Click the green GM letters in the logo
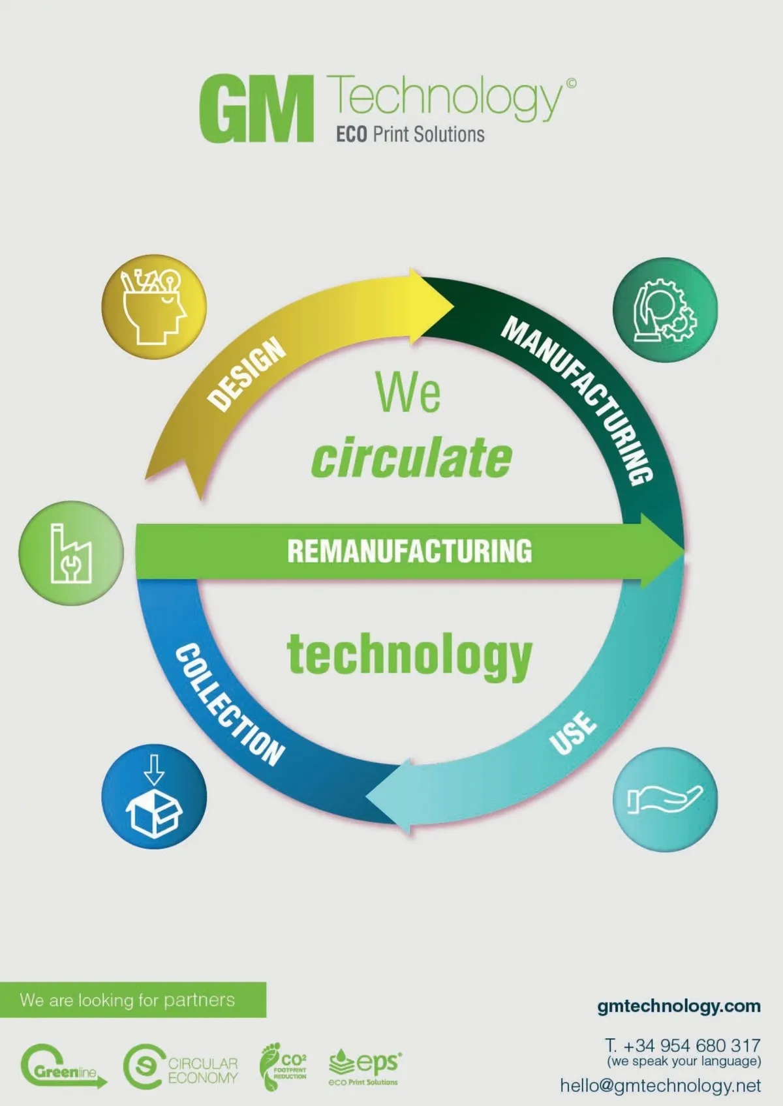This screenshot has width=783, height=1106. pyautogui.click(x=256, y=109)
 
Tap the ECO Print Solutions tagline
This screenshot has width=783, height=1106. pyautogui.click(x=410, y=135)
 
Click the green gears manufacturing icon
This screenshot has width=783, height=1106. pyautogui.click(x=665, y=310)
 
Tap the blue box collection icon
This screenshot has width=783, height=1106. pyautogui.click(x=154, y=797)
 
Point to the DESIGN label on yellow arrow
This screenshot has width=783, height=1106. pyautogui.click(x=247, y=375)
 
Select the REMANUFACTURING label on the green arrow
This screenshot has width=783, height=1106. pyautogui.click(x=409, y=551)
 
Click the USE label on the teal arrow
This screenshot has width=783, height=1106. pyautogui.click(x=572, y=732)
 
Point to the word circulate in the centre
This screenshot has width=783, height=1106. pyautogui.click(x=411, y=458)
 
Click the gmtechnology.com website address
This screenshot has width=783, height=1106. pyautogui.click(x=679, y=1006)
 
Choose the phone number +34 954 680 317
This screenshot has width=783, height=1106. pyautogui.click(x=683, y=1046)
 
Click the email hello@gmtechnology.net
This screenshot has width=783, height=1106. pyautogui.click(x=660, y=1086)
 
